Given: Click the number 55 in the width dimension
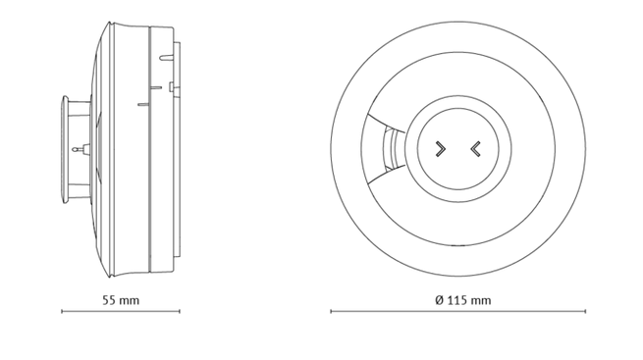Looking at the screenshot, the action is click(108, 300).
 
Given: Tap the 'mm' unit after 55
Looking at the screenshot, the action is click(129, 301).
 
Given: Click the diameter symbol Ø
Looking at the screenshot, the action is click(440, 300).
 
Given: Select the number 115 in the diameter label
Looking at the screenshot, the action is click(456, 300).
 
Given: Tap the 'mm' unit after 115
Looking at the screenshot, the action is click(481, 301).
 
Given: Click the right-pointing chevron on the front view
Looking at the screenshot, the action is click(441, 149).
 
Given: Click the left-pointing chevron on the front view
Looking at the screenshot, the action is click(475, 149).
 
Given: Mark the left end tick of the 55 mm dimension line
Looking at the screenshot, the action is click(62, 311).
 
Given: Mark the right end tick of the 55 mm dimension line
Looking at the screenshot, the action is click(180, 311).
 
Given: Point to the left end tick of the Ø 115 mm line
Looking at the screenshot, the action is click(331, 311).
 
